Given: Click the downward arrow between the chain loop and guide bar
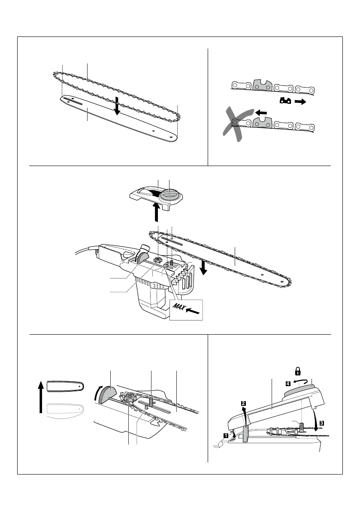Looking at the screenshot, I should [116, 106].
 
